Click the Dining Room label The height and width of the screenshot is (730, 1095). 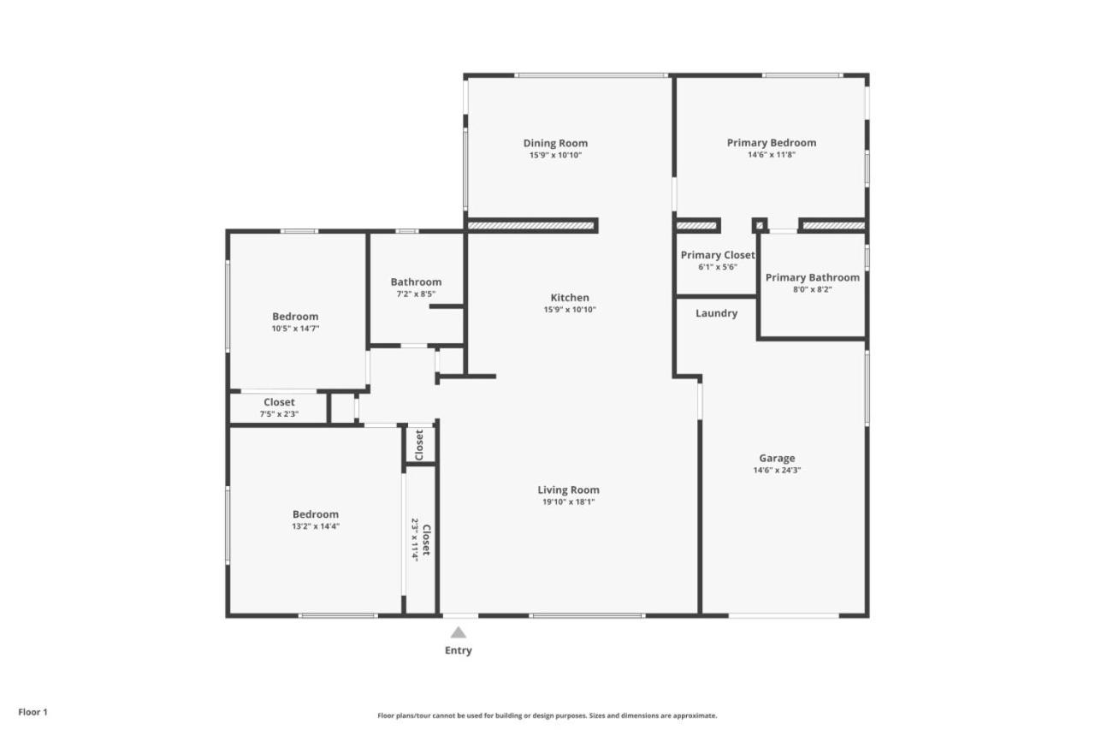(555, 143)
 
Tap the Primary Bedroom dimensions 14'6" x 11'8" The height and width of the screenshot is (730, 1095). (772, 155)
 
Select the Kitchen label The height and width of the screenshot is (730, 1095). (570, 297)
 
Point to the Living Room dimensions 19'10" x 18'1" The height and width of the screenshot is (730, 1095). (569, 502)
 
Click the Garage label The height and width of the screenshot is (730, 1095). (777, 459)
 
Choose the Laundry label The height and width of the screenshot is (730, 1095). (717, 313)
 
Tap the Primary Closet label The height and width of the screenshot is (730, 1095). (718, 255)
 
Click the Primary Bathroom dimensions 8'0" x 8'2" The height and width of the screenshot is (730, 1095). (813, 289)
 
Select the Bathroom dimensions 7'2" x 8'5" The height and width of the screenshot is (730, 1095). (416, 294)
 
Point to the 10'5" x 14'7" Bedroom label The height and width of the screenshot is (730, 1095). (295, 317)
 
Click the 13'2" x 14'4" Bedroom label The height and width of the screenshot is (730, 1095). (316, 514)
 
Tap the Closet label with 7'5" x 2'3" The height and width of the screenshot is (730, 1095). (279, 402)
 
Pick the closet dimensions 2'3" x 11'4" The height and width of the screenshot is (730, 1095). (415, 540)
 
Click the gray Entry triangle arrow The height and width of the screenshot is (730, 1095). (458, 632)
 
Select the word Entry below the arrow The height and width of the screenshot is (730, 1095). (458, 650)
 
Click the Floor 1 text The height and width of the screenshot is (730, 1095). (33, 712)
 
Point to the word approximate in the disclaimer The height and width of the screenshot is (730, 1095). (695, 715)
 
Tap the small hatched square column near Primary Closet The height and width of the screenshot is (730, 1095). (759, 225)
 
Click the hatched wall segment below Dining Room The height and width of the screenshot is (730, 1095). (530, 225)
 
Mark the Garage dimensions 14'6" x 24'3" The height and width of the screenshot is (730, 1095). (777, 471)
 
